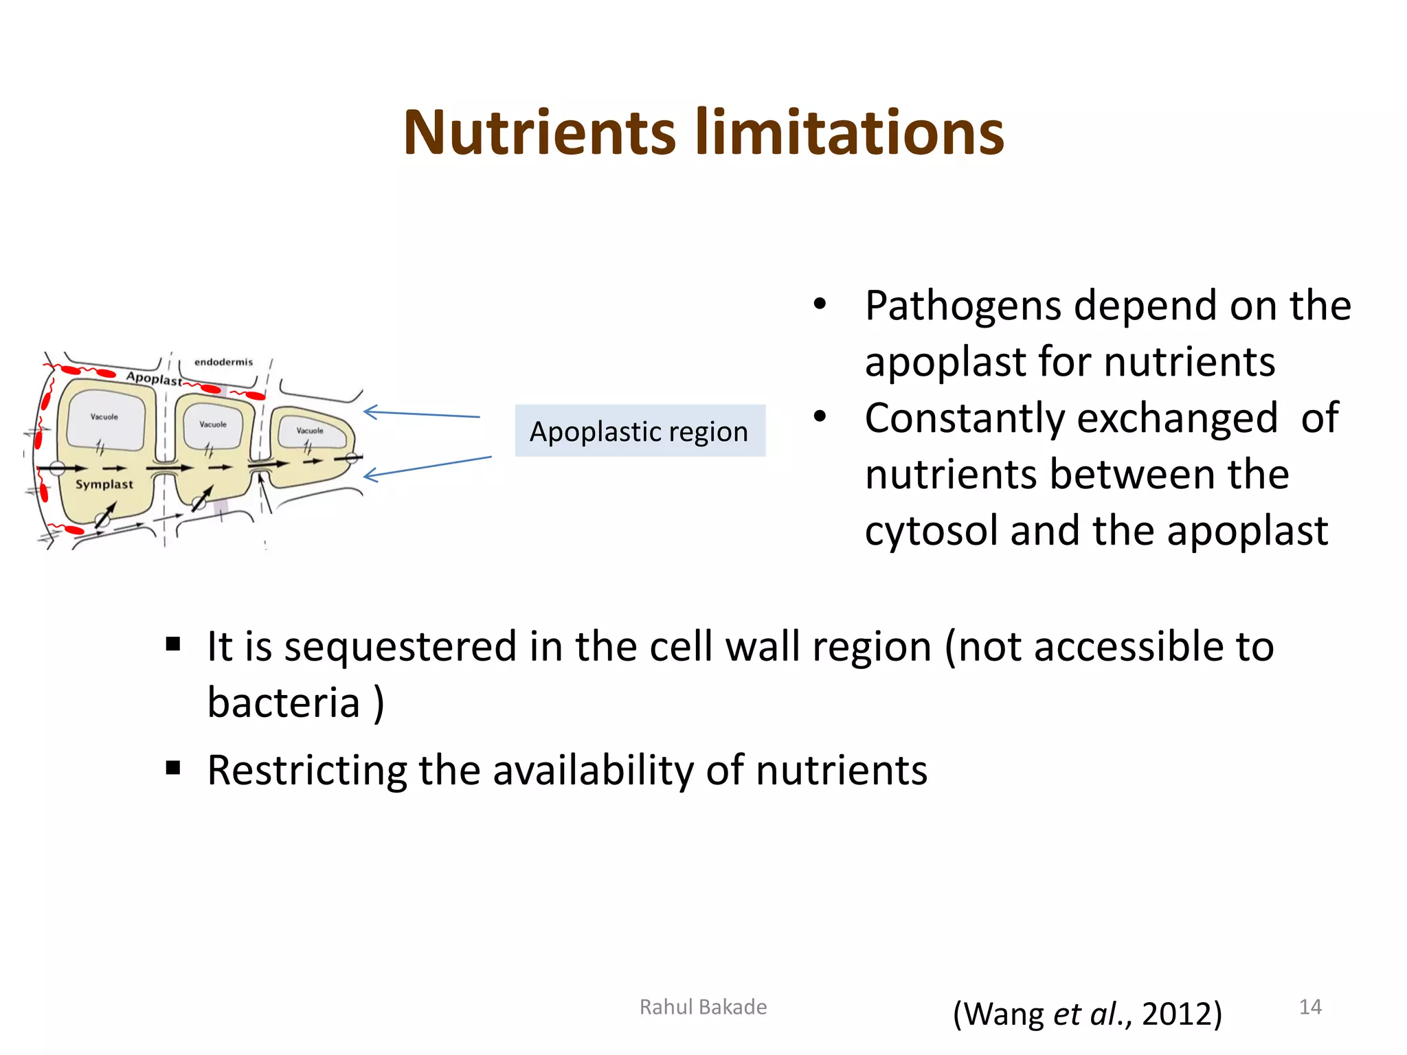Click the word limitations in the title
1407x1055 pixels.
850,134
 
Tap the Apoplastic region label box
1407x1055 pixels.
640,431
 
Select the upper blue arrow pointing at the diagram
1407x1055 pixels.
421,413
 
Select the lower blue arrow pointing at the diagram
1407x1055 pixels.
427,466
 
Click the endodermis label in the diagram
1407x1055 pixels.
223,362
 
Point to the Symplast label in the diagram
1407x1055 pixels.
104,484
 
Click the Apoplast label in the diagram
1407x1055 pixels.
154,378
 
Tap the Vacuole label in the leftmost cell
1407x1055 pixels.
104,417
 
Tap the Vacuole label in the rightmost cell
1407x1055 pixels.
310,431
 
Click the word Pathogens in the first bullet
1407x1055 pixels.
963,306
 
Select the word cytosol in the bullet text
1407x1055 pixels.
932,532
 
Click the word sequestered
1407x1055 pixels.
400,648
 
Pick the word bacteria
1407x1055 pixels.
284,703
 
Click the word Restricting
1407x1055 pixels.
307,771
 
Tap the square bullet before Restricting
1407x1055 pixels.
173,767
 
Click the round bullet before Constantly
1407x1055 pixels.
819,416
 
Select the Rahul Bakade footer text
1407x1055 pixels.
703,1007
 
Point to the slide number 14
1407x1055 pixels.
1309,1007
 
